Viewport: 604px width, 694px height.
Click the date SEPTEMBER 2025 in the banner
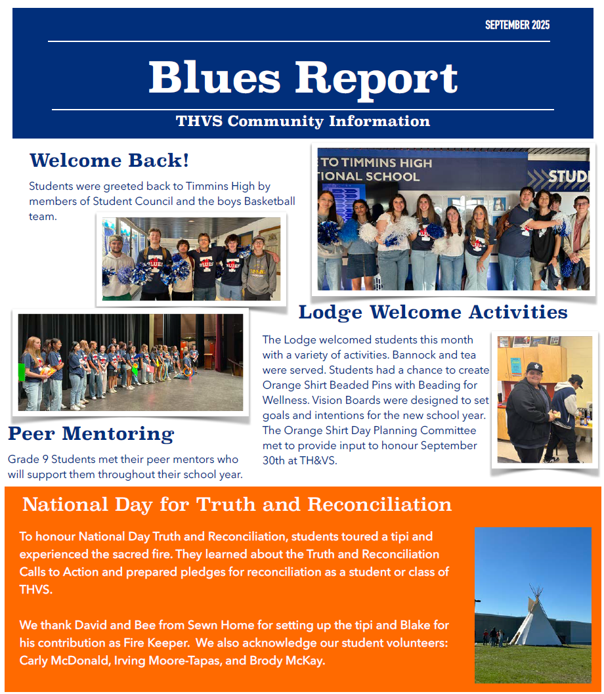517,25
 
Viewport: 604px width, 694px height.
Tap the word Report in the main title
376,78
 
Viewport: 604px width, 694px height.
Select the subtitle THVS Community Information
303,121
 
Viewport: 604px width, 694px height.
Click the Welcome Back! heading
109,160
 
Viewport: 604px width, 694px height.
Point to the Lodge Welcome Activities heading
433,312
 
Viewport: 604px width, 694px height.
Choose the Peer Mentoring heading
91,433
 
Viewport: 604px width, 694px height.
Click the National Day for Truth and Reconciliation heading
237,504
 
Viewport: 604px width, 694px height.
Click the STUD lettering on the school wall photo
568,177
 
